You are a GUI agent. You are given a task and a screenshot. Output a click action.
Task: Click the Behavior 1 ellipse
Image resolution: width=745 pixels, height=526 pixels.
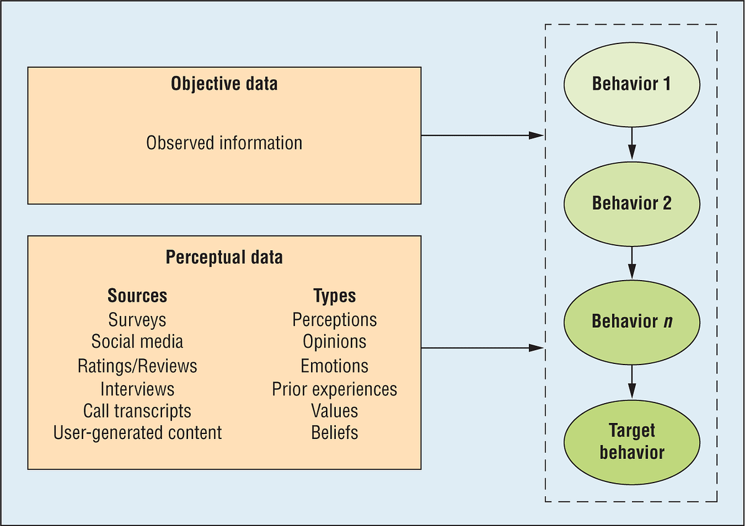coord(631,83)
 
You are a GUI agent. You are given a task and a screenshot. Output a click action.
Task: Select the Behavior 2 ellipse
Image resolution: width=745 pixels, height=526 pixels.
coord(631,202)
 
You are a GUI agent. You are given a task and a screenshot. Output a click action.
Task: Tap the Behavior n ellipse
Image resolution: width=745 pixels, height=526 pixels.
coord(631,321)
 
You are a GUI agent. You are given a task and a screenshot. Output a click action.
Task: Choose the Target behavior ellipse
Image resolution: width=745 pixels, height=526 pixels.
coord(631,441)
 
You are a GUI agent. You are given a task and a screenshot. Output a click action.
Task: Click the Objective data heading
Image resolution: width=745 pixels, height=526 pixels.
coord(224,84)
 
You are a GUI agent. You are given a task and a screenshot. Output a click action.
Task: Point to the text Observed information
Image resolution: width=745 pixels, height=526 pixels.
coord(224,143)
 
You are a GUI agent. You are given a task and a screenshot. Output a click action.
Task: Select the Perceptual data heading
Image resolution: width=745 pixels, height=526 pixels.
coord(224,257)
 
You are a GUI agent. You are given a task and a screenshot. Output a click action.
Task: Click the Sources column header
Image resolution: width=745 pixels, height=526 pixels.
coord(137,296)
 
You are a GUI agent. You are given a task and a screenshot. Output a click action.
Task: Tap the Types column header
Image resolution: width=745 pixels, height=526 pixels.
coord(335,296)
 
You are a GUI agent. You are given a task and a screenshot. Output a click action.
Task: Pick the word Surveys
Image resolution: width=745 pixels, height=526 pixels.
coord(137,319)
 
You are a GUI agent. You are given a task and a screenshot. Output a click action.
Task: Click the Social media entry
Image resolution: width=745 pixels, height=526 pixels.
coord(137,342)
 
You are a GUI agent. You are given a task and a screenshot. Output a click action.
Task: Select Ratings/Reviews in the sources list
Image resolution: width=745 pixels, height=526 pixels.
coord(137,366)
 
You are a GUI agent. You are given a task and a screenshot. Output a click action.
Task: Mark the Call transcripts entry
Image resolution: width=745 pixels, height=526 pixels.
coord(137,410)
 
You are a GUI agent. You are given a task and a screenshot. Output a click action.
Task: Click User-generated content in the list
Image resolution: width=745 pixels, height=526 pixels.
coord(137,432)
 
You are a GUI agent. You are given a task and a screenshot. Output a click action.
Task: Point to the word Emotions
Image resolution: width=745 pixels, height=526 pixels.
coord(335,366)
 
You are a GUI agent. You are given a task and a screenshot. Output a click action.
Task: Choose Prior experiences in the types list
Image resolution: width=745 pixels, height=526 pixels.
coord(335,389)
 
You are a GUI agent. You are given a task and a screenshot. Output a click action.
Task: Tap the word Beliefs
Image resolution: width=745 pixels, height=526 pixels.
coord(335,432)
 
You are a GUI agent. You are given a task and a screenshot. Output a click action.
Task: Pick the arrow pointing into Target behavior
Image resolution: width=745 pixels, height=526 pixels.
coord(632,381)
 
